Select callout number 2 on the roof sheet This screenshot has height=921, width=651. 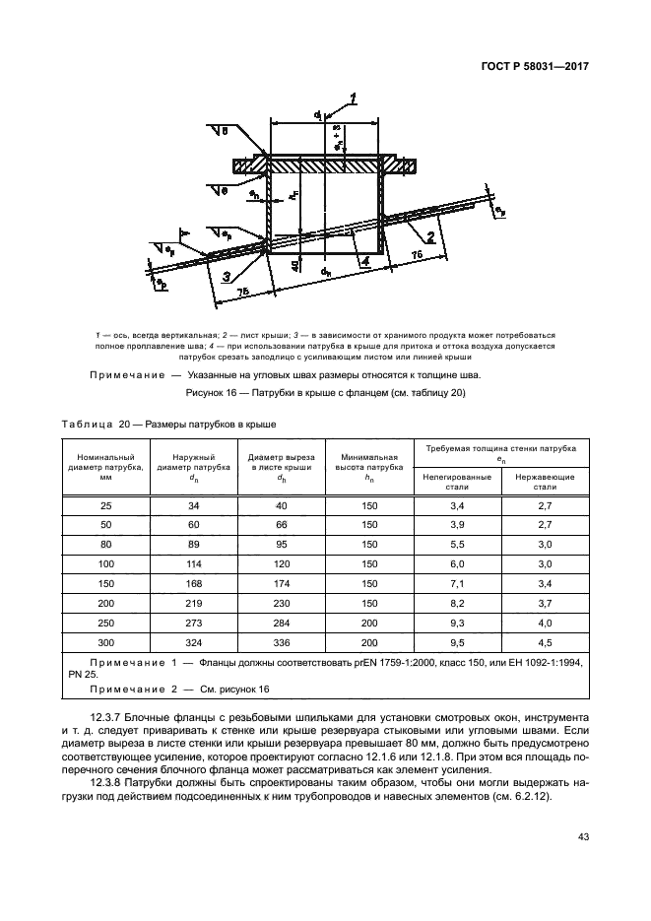click(430, 236)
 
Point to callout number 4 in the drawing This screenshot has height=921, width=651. click(363, 261)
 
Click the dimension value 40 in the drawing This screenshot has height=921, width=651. click(296, 264)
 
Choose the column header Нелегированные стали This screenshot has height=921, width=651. click(456, 481)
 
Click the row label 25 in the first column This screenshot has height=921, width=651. click(106, 505)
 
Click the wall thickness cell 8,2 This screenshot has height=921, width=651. click(456, 604)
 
